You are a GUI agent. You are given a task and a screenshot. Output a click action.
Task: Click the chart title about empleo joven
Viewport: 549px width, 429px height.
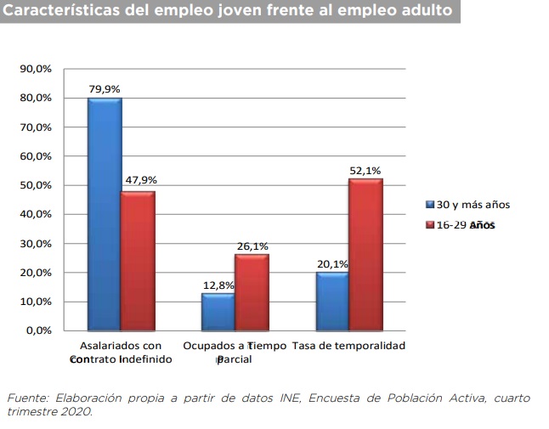[227, 14]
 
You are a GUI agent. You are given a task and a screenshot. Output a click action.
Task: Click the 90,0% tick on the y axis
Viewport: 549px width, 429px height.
[36, 69]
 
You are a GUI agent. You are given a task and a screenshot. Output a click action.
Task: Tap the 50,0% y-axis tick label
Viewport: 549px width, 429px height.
[36, 185]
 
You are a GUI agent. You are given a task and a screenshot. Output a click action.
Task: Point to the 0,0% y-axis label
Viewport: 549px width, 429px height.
[38, 330]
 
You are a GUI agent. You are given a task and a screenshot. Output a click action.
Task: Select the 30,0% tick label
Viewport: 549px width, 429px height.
[36, 244]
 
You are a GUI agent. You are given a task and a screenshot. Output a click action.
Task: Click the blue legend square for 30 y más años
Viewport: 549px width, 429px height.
[430, 205]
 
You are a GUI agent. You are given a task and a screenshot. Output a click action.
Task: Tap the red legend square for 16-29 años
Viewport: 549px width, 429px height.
[430, 225]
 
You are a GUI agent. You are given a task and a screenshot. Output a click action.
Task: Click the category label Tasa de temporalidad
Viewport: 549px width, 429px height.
[348, 346]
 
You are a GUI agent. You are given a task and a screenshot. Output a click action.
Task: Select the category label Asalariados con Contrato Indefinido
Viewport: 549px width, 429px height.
[120, 353]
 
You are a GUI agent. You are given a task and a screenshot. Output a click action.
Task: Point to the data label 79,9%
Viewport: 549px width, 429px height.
[105, 88]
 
